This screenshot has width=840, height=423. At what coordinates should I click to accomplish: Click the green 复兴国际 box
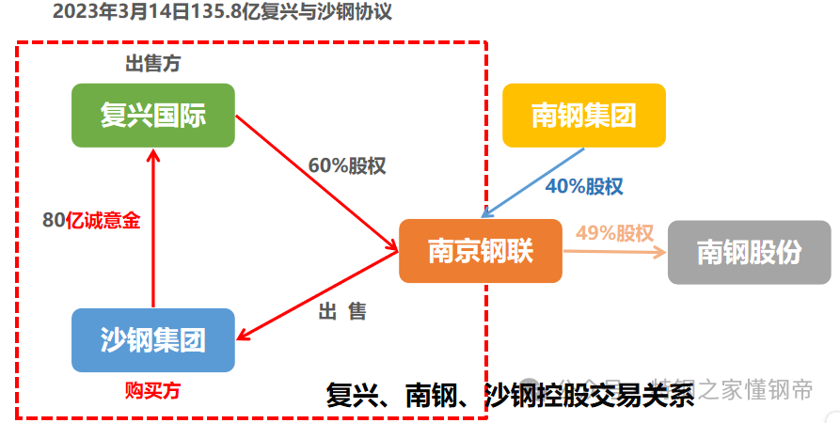(x=152, y=116)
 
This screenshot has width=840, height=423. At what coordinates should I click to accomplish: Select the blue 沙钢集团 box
(x=152, y=339)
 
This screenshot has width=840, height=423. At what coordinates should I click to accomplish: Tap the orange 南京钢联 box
(x=481, y=251)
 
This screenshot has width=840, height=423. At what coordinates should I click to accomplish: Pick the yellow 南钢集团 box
(x=583, y=116)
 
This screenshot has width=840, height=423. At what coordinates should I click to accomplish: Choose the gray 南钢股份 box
(x=750, y=251)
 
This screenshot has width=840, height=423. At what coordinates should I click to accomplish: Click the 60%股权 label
(x=347, y=164)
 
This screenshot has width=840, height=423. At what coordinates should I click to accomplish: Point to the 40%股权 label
(x=583, y=186)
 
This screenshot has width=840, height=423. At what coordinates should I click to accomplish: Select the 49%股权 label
(x=614, y=232)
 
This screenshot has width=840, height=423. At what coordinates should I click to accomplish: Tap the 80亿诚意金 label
(x=91, y=221)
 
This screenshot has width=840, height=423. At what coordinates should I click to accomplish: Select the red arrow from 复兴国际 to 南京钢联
(x=315, y=183)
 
